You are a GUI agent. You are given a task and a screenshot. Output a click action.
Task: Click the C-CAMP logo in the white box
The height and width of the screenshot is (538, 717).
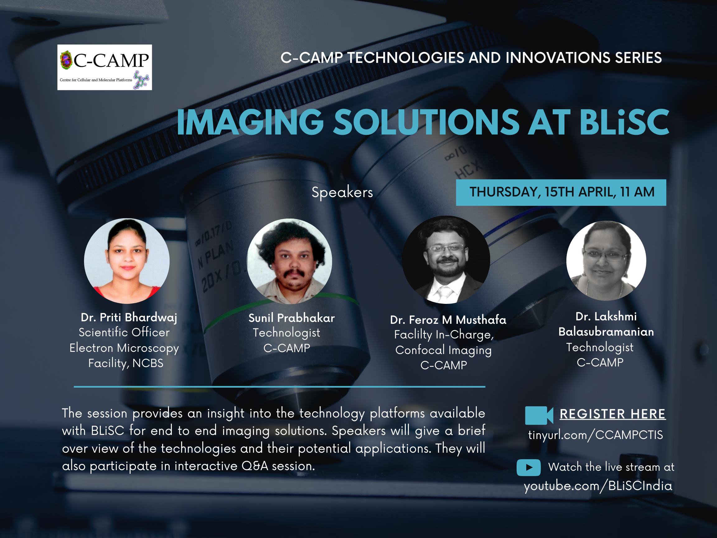coord(104,67)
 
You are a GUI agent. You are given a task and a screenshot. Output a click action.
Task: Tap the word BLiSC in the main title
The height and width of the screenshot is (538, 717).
coord(624,122)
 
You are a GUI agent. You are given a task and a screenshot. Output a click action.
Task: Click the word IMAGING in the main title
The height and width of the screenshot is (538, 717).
coord(250,122)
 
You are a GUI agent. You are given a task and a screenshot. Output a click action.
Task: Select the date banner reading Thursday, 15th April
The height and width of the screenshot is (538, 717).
coord(561,192)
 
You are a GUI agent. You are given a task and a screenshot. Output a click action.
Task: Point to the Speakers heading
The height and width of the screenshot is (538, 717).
coord(342,192)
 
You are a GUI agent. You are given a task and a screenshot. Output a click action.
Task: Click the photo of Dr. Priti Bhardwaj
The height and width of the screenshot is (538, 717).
coord(127,261)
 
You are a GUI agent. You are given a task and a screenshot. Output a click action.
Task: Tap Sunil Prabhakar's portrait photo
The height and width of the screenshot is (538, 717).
coord(289,261)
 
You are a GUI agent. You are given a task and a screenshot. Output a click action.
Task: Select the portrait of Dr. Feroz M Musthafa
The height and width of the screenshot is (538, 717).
coord(446,260)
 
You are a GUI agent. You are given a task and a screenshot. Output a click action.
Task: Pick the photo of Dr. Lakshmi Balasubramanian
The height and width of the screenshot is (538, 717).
coord(606,261)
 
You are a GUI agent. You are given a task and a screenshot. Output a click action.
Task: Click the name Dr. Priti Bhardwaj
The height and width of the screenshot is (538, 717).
coord(129,318)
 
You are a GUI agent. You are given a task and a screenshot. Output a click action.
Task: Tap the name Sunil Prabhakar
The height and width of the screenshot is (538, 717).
coord(291,318)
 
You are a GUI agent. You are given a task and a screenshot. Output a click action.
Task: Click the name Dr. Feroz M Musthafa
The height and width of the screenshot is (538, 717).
coord(448,320)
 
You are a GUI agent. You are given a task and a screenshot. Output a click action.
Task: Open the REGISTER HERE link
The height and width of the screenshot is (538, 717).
coord(613,414)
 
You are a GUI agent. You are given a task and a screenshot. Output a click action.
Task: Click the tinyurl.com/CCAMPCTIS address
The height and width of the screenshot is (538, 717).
coord(595,435)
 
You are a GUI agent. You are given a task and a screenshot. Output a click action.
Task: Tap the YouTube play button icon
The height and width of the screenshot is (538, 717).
coord(529,467)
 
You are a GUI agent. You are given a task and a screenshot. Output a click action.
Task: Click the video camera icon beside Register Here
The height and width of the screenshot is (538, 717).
coord(539,415)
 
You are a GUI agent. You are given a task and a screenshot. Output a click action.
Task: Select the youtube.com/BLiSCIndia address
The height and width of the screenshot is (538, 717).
coord(598,486)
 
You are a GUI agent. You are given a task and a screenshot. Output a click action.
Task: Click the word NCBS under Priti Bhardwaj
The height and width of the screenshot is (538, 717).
coord(148,363)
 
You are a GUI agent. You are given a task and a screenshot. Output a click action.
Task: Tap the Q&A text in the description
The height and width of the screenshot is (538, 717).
coord(255,466)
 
